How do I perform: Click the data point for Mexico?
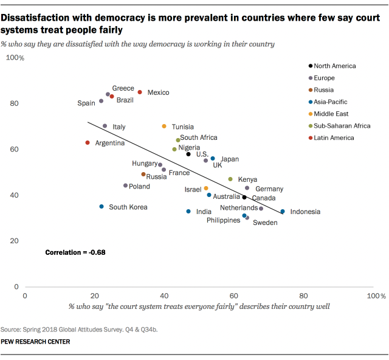(x=140, y=92)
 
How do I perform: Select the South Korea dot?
(x=102, y=207)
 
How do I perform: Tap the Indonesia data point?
(x=283, y=212)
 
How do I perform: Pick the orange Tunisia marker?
(x=164, y=126)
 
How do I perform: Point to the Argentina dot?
(x=88, y=143)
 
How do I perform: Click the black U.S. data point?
(x=188, y=154)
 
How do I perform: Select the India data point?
(x=188, y=212)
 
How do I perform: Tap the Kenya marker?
(x=230, y=179)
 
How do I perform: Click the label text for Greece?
(x=123, y=88)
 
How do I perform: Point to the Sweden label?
(x=265, y=223)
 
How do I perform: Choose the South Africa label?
(x=199, y=138)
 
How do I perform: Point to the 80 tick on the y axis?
(x=13, y=103)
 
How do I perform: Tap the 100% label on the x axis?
(x=373, y=295)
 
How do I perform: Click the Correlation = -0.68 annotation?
(x=75, y=252)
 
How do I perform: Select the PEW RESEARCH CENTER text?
(x=35, y=342)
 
